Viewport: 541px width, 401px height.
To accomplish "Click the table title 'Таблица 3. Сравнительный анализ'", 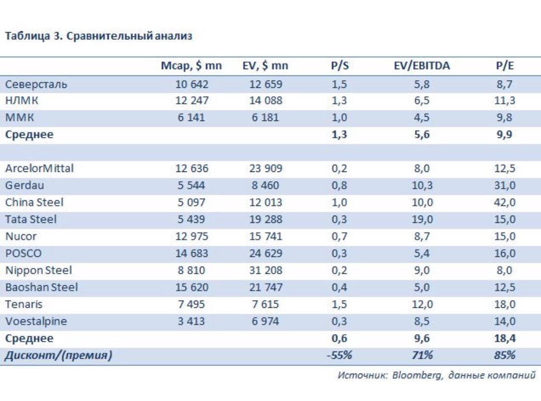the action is pyautogui.click(x=99, y=36).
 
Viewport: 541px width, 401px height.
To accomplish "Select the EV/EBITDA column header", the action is pyautogui.click(x=422, y=65).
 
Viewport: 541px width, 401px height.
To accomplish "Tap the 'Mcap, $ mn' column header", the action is pyautogui.click(x=191, y=65).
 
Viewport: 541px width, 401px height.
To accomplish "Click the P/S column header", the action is pyautogui.click(x=340, y=65).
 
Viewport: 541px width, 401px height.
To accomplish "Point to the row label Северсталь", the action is pyautogui.click(x=36, y=84).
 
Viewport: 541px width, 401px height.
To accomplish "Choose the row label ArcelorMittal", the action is pyautogui.click(x=39, y=168).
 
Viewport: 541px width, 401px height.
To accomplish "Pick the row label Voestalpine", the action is pyautogui.click(x=36, y=321).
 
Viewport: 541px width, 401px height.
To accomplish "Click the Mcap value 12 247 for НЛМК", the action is pyautogui.click(x=191, y=100).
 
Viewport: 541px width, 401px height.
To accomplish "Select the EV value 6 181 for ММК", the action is pyautogui.click(x=265, y=118).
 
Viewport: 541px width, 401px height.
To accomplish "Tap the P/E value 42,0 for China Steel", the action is pyautogui.click(x=504, y=202).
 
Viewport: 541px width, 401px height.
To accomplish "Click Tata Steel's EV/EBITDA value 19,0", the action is pyautogui.click(x=422, y=219).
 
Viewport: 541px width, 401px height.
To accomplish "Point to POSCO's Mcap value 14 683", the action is pyautogui.click(x=191, y=253).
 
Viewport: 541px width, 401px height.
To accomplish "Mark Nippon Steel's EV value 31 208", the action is pyautogui.click(x=265, y=270).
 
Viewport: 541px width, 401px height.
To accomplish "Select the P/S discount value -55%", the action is pyautogui.click(x=340, y=355).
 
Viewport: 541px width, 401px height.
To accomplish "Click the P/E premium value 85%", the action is pyautogui.click(x=504, y=355).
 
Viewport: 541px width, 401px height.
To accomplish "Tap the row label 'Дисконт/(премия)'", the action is pyautogui.click(x=58, y=355).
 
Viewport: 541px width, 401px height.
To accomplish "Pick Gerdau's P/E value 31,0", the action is pyautogui.click(x=504, y=185).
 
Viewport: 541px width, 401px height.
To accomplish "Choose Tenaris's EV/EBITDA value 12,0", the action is pyautogui.click(x=422, y=304).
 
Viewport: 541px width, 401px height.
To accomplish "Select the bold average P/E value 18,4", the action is pyautogui.click(x=505, y=338).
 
